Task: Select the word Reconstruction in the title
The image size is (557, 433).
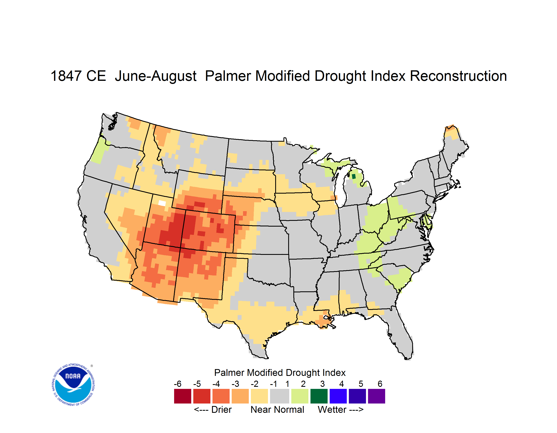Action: click(458, 76)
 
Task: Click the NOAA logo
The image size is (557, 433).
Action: click(73, 385)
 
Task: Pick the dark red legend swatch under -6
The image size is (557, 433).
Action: click(183, 396)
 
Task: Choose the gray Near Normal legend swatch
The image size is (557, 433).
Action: click(280, 396)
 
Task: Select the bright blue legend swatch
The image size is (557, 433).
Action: click(338, 396)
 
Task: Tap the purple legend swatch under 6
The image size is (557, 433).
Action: click(376, 396)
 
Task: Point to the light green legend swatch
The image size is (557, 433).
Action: click(300, 396)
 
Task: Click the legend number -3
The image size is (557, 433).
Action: click(235, 384)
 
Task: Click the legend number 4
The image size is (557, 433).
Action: click(341, 384)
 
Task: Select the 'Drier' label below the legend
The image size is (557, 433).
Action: click(221, 409)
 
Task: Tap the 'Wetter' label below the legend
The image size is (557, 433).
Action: click(332, 409)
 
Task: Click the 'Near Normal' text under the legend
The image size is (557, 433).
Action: click(277, 409)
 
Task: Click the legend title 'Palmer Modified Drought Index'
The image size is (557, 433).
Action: click(280, 373)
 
